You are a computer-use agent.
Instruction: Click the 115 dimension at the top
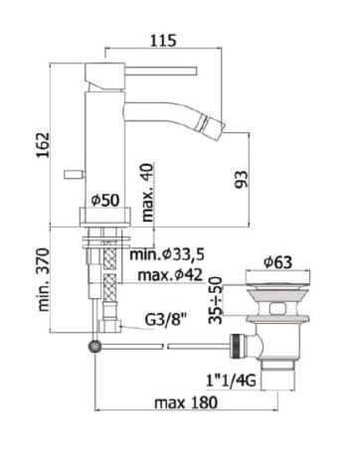coord(164,41)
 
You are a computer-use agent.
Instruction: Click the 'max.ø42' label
coord(167,275)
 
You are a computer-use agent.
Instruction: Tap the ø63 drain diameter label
coord(281,262)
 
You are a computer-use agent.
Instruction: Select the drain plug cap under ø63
coord(281,287)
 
